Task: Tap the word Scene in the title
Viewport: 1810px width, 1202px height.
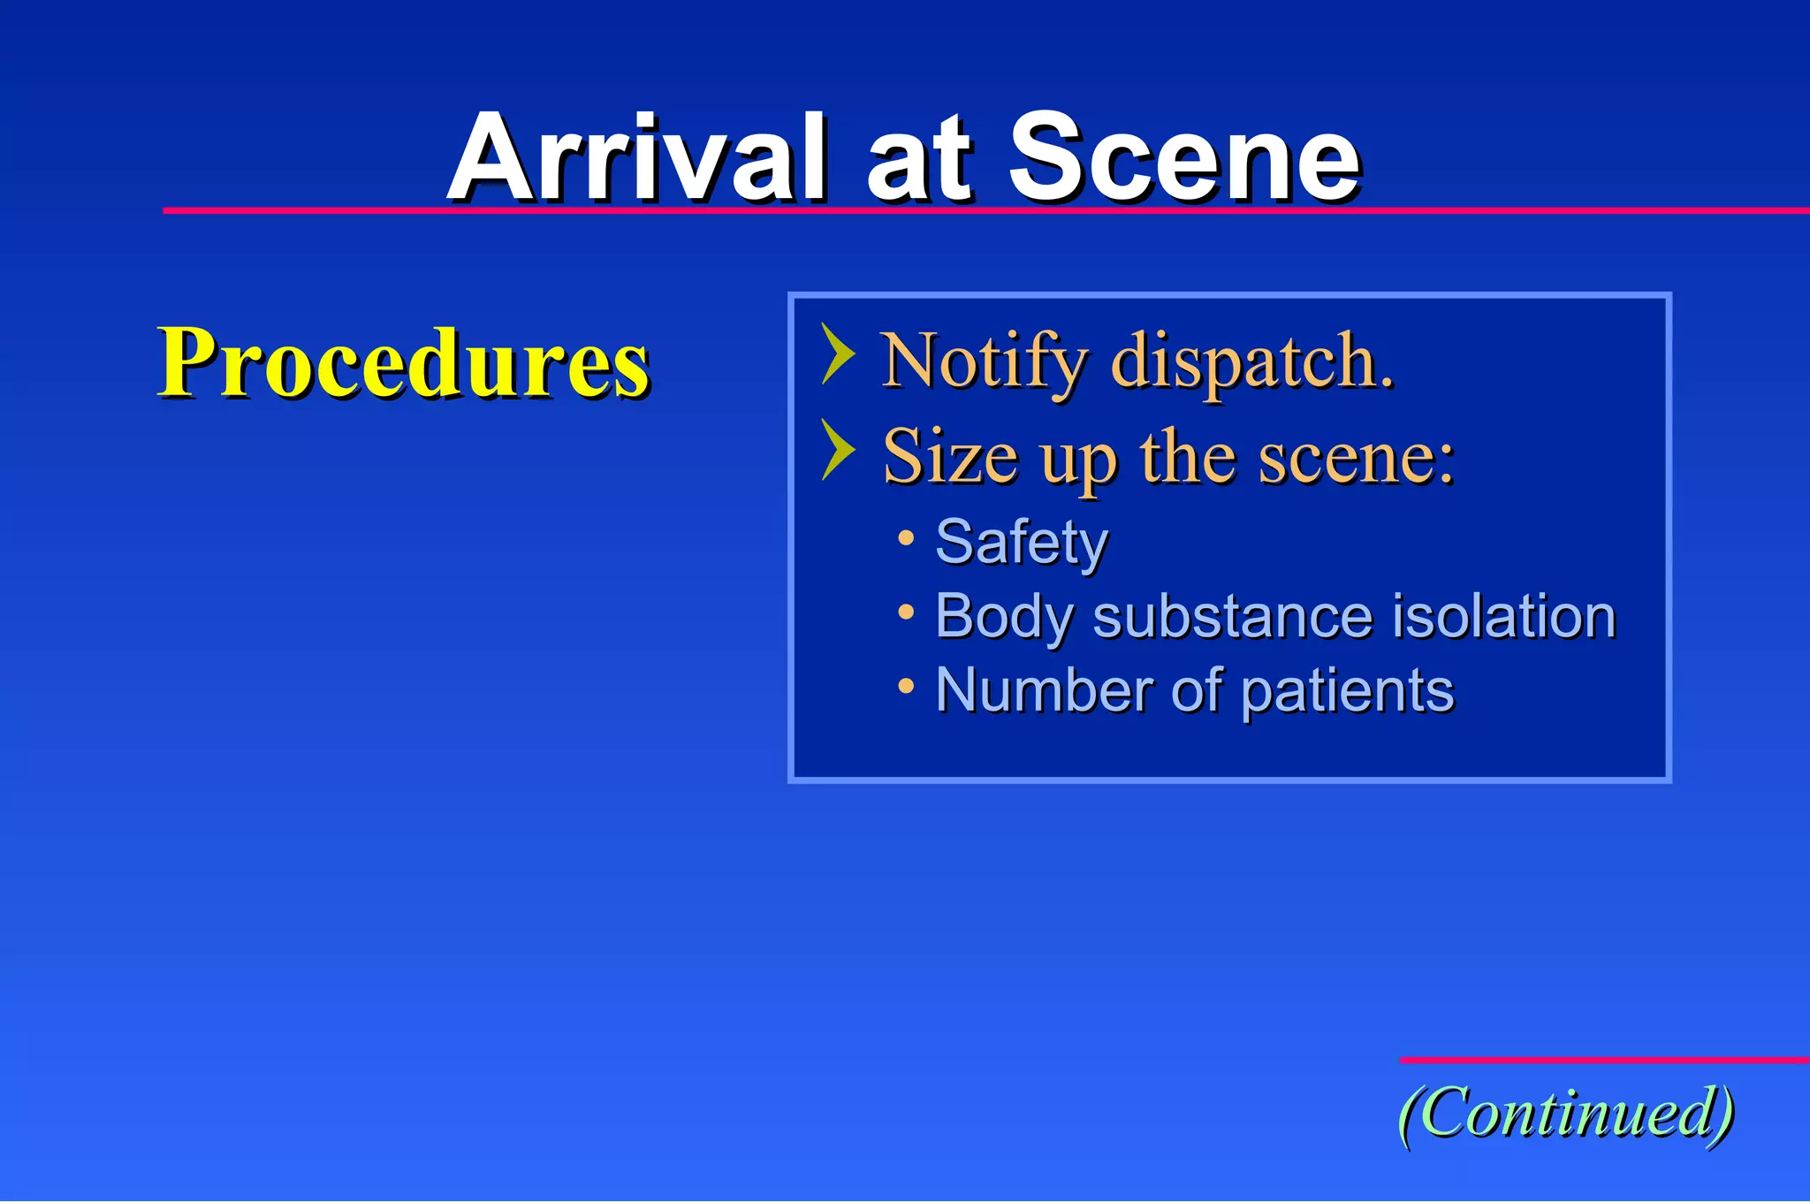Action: [1183, 159]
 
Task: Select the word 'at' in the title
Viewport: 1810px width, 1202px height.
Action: [918, 164]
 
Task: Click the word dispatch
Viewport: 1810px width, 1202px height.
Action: [1252, 362]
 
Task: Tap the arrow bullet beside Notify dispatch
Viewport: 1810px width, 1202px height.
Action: [837, 354]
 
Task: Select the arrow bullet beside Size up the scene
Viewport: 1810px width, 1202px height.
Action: [837, 450]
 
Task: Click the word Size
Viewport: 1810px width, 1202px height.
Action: [950, 457]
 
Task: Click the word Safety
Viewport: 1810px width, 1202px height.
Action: [1021, 542]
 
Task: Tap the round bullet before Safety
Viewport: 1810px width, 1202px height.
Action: [905, 537]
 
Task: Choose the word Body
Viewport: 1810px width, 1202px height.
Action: [1004, 616]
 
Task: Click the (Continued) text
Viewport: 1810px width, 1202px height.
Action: [1565, 1113]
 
